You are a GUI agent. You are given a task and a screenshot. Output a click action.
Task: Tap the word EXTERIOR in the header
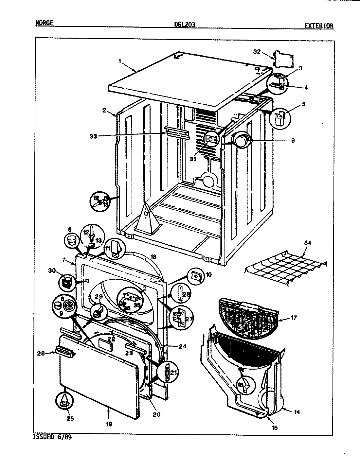pos(319,26)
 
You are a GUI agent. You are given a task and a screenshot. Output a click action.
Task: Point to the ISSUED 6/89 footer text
pos(52,437)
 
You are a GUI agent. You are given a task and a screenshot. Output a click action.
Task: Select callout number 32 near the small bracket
pos(257,51)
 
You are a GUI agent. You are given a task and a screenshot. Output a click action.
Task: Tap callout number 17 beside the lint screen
pos(294,317)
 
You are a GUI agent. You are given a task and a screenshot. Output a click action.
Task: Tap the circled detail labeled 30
pos(67,282)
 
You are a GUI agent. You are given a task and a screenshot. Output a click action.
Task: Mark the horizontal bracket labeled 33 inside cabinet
pos(177,133)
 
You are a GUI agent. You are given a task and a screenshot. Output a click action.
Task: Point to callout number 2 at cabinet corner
pos(104,110)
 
